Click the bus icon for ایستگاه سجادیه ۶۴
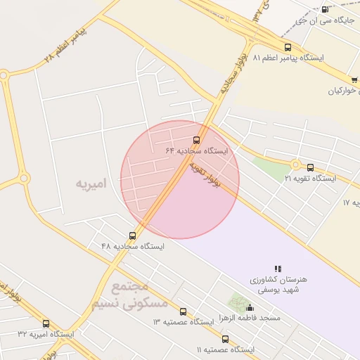(x=197, y=139)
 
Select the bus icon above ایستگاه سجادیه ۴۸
(x=132, y=236)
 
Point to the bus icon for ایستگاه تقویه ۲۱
(x=311, y=167)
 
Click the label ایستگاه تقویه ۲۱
(x=310, y=179)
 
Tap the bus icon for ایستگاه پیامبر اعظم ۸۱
(x=287, y=47)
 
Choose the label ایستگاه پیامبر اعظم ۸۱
(x=287, y=58)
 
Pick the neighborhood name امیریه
(x=91, y=184)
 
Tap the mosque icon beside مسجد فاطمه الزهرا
(x=250, y=307)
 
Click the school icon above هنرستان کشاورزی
(x=278, y=269)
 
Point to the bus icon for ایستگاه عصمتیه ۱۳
(x=184, y=311)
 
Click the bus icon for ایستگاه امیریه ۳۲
(x=46, y=323)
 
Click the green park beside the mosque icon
(x=237, y=304)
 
